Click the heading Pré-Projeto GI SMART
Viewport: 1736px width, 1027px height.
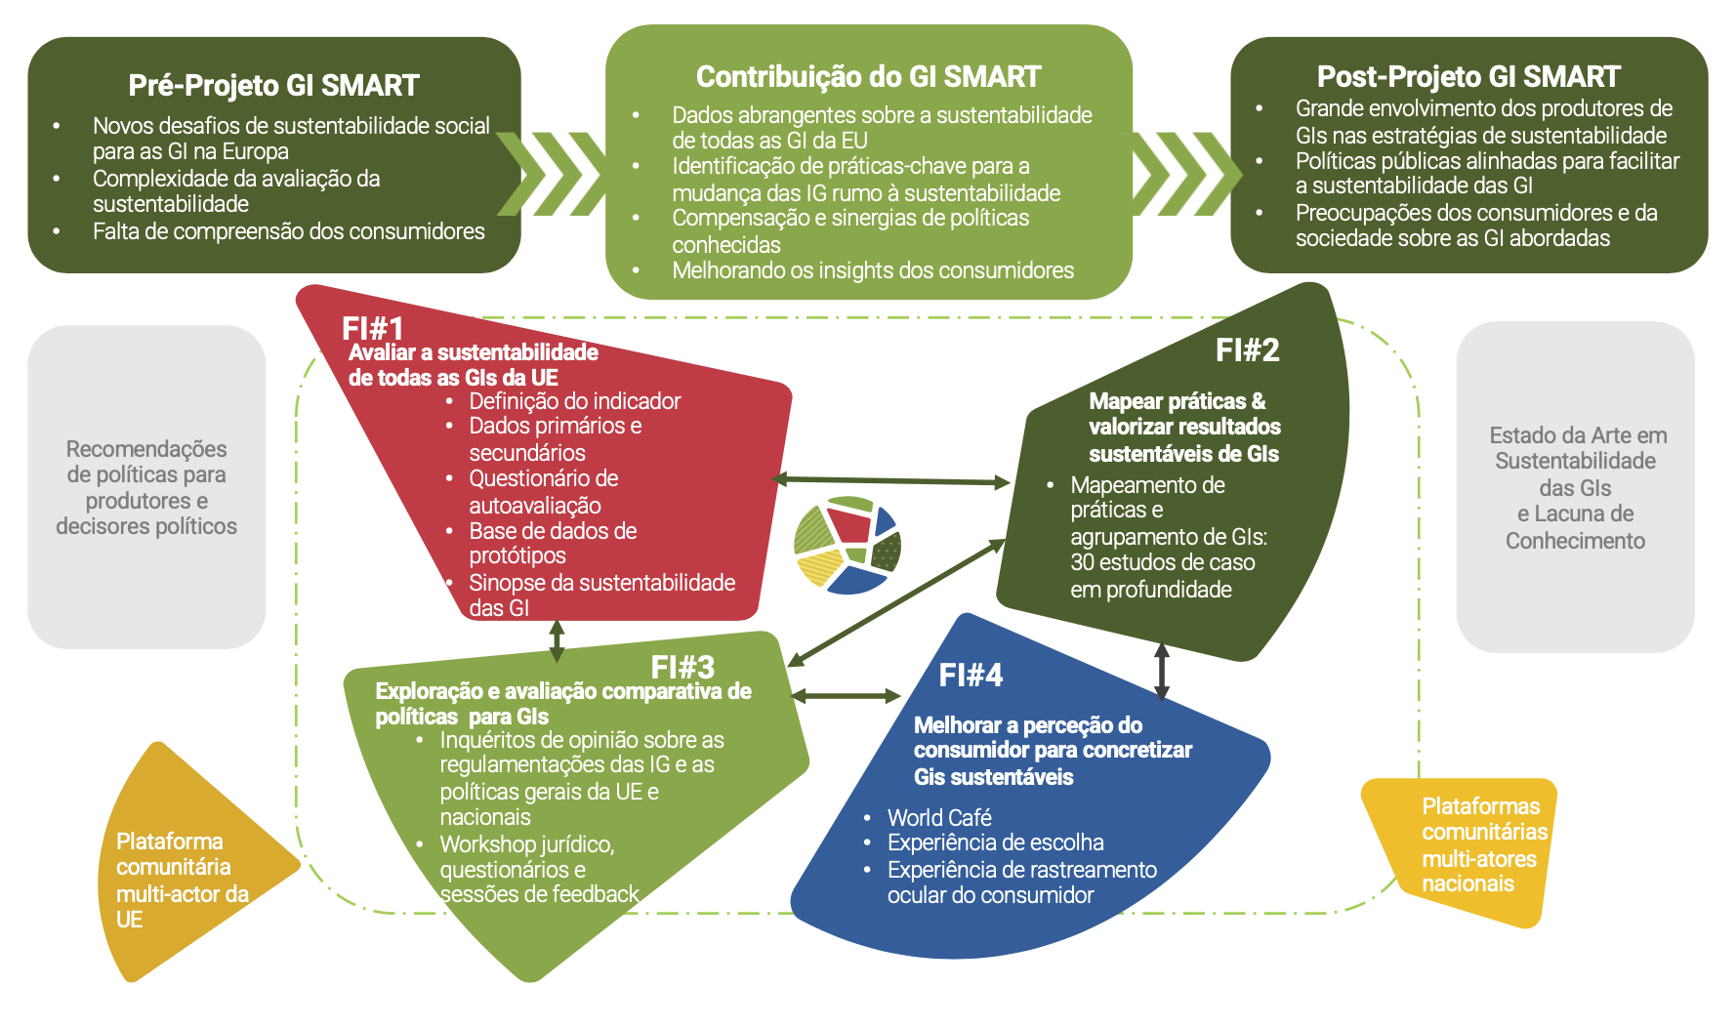[273, 86]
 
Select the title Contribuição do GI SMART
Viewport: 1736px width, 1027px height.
[868, 77]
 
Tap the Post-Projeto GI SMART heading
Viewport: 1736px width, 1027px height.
[1467, 77]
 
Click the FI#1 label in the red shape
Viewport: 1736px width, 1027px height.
[372, 329]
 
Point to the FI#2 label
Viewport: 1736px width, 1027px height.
[1247, 350]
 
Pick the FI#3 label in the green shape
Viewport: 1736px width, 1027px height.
[682, 668]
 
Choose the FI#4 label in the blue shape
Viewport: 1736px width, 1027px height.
[971, 676]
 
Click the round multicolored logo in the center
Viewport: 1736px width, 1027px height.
[847, 545]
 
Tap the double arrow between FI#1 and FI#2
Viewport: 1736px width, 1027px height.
[890, 480]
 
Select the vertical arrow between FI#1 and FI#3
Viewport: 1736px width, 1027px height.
[557, 640]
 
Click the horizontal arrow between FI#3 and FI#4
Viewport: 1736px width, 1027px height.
[846, 696]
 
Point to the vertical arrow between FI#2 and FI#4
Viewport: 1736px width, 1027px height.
[1161, 672]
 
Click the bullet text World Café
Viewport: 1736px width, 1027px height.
[939, 818]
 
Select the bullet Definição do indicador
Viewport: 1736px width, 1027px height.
[574, 401]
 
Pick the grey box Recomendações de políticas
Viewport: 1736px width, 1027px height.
[146, 487]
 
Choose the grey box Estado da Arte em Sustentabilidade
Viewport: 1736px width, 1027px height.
[1575, 487]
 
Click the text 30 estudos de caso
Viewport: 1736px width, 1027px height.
[1162, 563]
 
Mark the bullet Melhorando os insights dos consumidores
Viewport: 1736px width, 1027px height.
[873, 270]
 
